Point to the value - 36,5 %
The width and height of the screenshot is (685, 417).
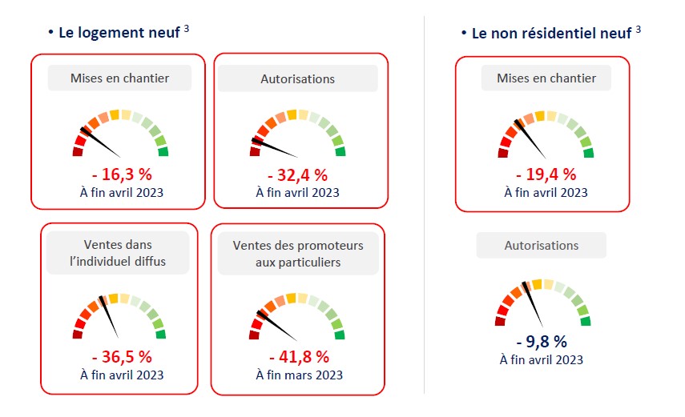coord(122,358)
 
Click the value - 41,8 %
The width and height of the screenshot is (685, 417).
coord(298,358)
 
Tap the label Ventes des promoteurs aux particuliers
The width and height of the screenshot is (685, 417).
coord(297,253)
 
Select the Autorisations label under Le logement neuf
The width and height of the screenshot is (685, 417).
coord(297,78)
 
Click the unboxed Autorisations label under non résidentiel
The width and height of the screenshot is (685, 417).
coord(541,246)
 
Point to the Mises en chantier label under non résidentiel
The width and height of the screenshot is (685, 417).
coord(546,78)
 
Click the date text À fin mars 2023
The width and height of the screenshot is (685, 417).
coord(298,375)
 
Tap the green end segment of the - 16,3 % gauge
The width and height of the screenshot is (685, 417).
coord(163,151)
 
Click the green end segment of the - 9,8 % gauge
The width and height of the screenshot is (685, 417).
coord(586,321)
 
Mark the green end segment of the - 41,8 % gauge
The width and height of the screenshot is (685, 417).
coord(340,335)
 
